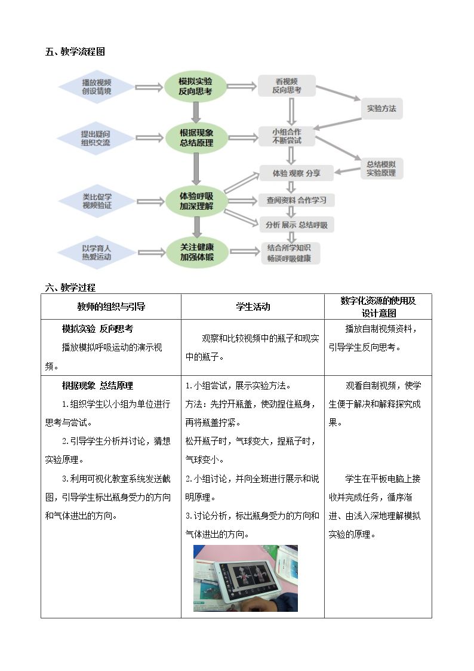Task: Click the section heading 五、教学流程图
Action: coord(75,52)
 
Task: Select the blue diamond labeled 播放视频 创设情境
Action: coord(97,87)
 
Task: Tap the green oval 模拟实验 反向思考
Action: coord(195,86)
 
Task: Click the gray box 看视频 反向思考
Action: coord(287,85)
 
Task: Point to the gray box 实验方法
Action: coord(381,109)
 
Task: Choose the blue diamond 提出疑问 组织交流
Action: coord(96,138)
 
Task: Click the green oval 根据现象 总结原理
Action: coord(196,138)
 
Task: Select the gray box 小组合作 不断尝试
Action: coord(287,136)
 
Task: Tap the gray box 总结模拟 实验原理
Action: coord(381,168)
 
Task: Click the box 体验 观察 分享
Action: coord(297,173)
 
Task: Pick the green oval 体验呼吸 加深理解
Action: coord(196,201)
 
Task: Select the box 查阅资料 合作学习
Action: coord(297,200)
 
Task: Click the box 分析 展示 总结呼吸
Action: coord(297,225)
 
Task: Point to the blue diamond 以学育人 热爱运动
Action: coord(97,253)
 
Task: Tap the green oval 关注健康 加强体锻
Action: coord(197,252)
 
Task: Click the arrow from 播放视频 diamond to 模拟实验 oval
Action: coord(149,87)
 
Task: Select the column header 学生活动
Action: coord(253,307)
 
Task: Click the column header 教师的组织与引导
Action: coord(111,307)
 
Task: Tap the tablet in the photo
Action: coord(248,580)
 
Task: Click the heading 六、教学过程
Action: coord(70,287)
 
